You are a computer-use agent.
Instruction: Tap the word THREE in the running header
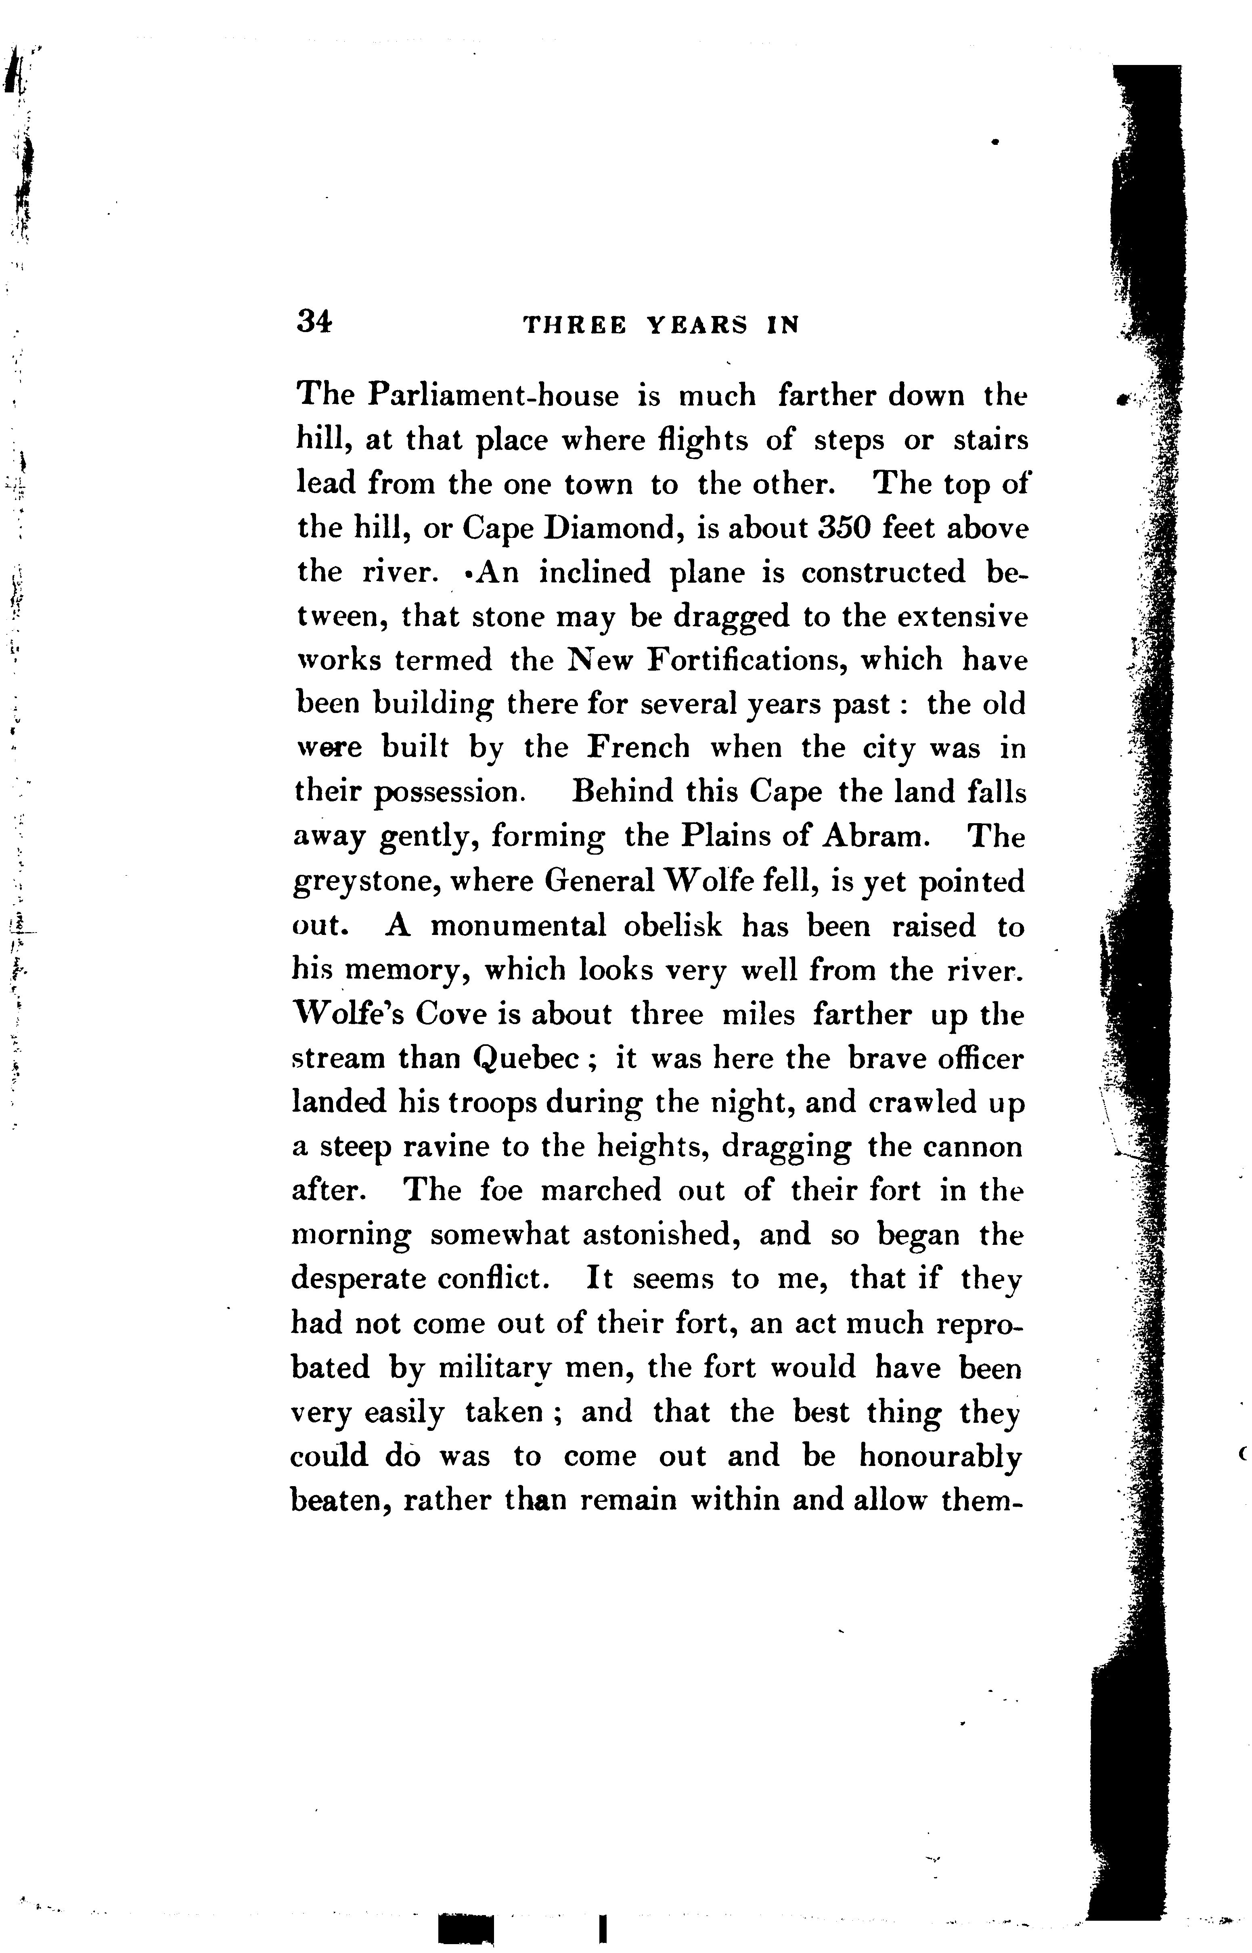click(574, 326)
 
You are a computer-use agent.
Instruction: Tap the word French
click(638, 748)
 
